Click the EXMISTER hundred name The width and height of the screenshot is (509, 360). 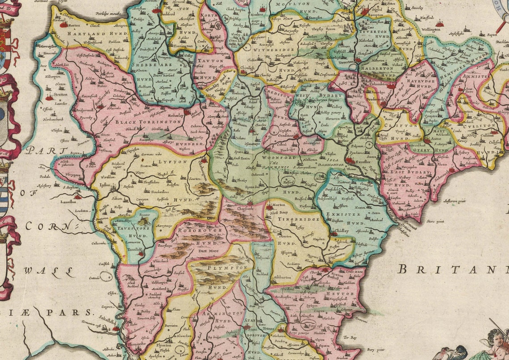point(353,215)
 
